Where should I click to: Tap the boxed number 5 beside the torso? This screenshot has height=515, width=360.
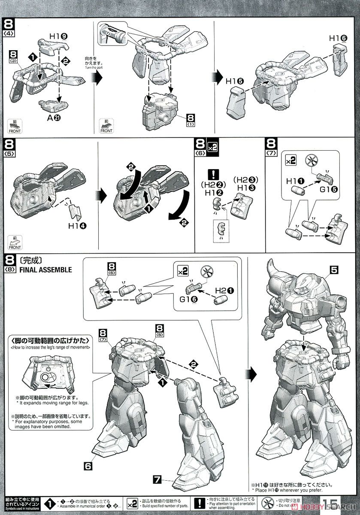(x=335, y=270)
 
